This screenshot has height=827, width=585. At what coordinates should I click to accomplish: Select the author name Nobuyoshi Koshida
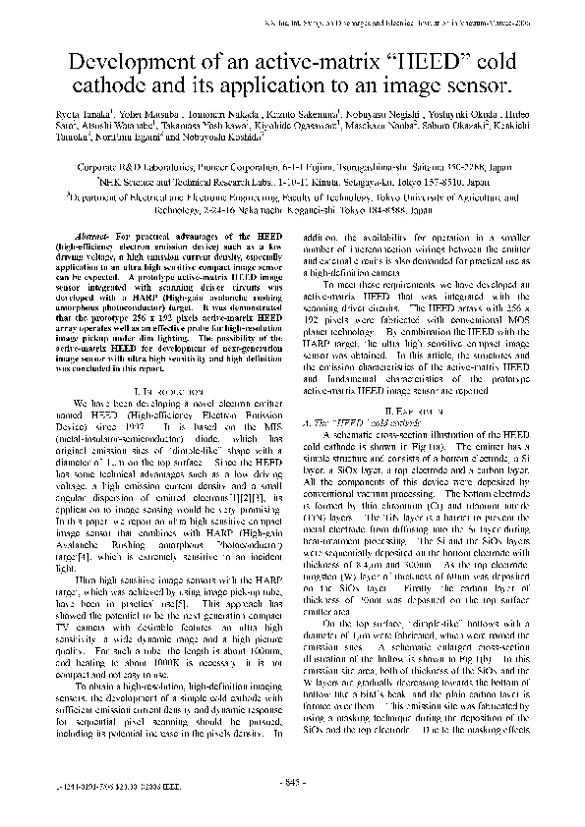point(323,144)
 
